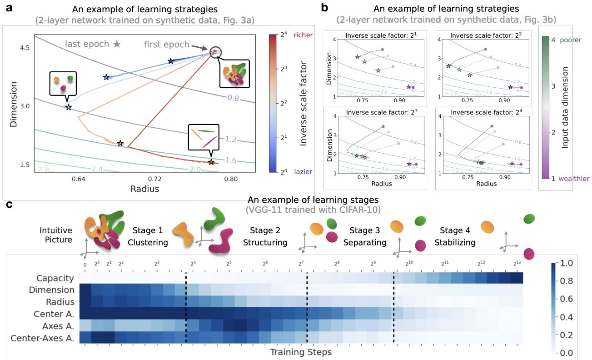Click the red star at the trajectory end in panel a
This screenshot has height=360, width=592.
pyautogui.click(x=211, y=162)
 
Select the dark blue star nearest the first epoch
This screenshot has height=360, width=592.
pyautogui.click(x=170, y=61)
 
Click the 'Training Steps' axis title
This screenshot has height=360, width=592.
pyautogui.click(x=300, y=352)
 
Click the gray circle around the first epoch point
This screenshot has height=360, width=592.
pyautogui.click(x=215, y=53)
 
